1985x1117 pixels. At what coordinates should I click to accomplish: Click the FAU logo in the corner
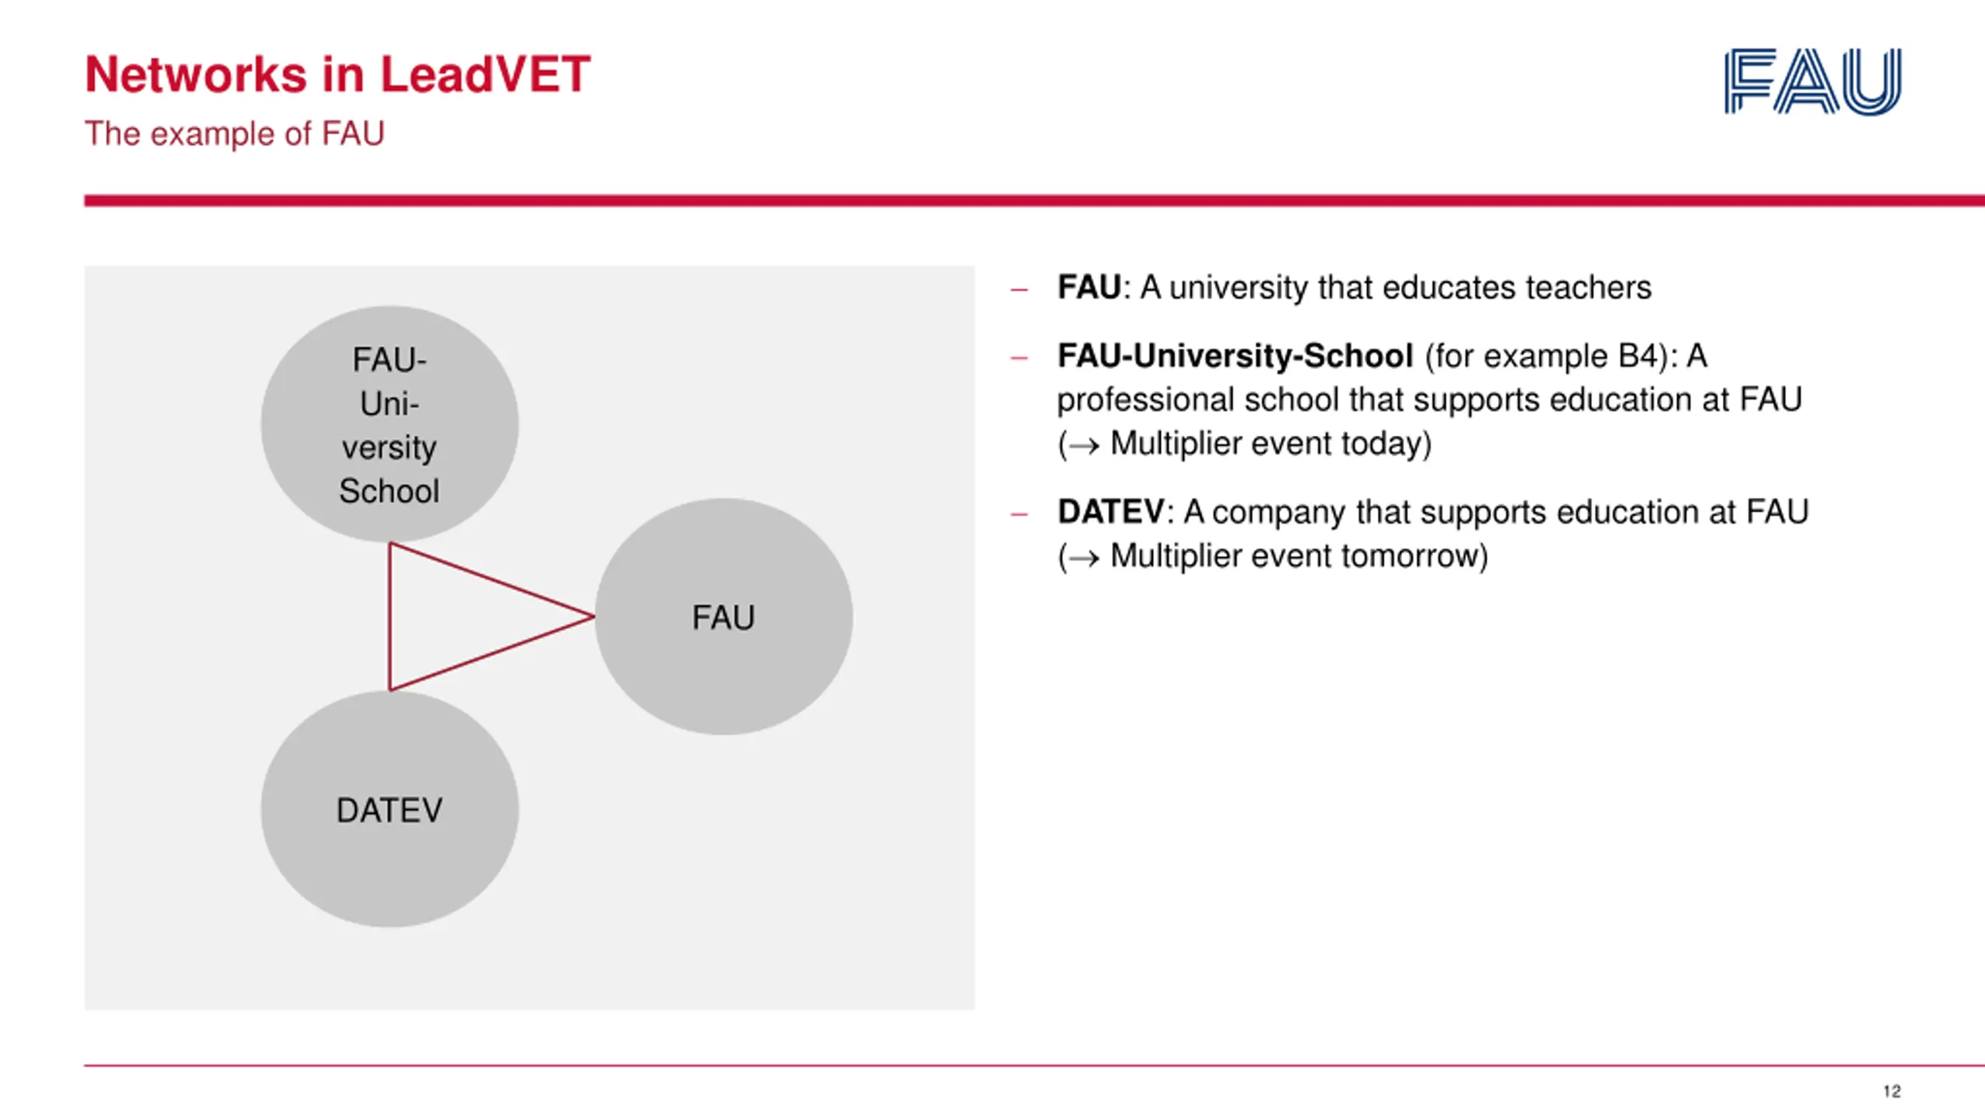[1813, 81]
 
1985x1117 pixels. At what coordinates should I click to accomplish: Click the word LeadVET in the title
[485, 75]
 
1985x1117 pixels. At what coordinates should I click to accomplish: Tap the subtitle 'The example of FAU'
[234, 133]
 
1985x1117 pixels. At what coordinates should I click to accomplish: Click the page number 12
[1892, 1091]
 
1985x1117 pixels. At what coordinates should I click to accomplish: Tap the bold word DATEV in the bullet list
[1110, 512]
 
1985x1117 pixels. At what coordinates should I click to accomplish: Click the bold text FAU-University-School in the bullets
[1234, 356]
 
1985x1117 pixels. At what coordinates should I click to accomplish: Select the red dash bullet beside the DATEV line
[1020, 514]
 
